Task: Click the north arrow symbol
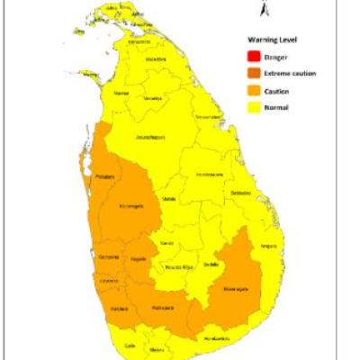coord(259,9)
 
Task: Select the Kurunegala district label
coord(132,206)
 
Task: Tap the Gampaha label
coord(108,257)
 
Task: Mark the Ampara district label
coord(266,245)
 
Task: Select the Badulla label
coord(211,264)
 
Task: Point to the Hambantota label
coord(215,337)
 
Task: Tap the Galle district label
coord(130,345)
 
